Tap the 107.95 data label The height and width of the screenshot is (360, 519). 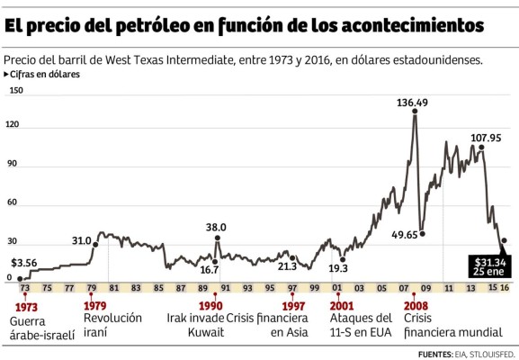pos(485,138)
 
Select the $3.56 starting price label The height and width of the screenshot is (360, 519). pos(23,263)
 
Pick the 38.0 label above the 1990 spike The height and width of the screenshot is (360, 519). pos(216,228)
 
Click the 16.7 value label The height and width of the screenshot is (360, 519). pos(210,270)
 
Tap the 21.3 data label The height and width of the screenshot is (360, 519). pos(286,266)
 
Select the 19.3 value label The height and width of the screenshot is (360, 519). pos(337,268)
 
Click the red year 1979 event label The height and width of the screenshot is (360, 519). pos(95,305)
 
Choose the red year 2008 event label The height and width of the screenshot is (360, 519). pos(416,305)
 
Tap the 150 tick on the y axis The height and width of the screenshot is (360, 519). pos(16,91)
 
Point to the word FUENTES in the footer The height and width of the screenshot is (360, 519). pos(435,355)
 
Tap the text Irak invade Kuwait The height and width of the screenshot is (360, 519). pos(194,325)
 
